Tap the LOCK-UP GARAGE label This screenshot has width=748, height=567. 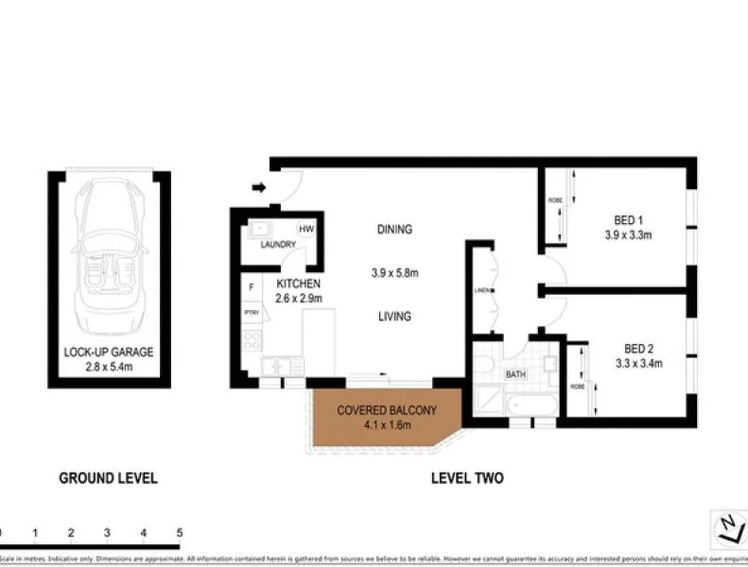(109, 352)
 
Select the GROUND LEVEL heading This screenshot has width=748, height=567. (109, 478)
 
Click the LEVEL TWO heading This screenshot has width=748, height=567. (467, 478)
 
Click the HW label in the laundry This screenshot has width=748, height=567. (306, 228)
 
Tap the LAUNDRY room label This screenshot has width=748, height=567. (278, 245)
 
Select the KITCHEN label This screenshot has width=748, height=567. (299, 283)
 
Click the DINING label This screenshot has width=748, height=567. (394, 230)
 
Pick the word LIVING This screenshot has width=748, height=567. (394, 317)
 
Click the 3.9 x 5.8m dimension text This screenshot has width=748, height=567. (394, 273)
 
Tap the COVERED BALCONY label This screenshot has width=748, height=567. (387, 410)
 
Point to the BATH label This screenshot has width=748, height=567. (514, 374)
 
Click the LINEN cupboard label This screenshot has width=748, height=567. (481, 290)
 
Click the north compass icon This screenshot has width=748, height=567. (728, 526)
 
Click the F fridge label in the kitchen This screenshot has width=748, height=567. (251, 286)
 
